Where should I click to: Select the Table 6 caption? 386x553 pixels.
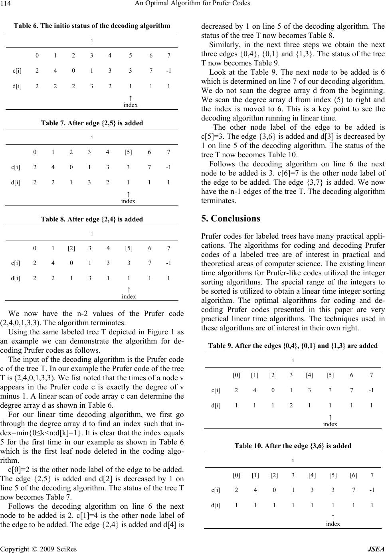pos(92,26)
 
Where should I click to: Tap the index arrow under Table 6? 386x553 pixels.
pos(131,97)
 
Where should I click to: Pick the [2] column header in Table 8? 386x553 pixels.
pos(71,248)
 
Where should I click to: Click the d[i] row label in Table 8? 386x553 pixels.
pos(16,278)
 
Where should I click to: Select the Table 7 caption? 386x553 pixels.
pos(92,122)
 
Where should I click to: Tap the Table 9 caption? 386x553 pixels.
pos(293,346)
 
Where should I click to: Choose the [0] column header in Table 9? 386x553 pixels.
pos(236,375)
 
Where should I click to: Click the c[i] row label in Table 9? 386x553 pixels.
pos(216,390)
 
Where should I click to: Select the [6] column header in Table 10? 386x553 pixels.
pos(354,475)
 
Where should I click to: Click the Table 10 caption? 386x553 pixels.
pos(293,446)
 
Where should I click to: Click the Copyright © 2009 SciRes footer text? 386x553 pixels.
pos(39,549)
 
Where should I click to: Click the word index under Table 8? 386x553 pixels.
pos(129,296)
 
